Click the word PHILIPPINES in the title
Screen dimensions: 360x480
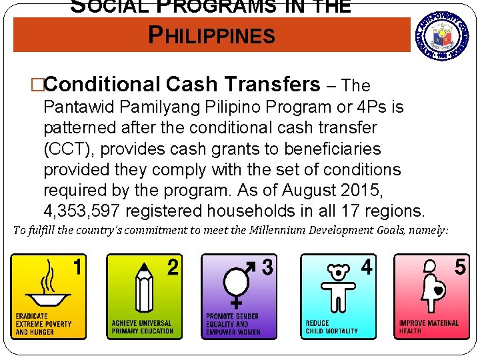point(212,35)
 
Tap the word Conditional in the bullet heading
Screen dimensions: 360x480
point(101,85)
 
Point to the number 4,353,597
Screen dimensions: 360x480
point(82,211)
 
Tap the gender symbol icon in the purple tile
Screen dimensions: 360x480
point(237,283)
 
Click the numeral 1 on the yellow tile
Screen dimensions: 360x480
point(79,268)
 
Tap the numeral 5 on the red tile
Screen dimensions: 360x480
point(460,268)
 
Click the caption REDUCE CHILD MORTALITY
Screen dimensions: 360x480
point(331,327)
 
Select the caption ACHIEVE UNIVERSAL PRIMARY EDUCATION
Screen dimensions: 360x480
point(141,327)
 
